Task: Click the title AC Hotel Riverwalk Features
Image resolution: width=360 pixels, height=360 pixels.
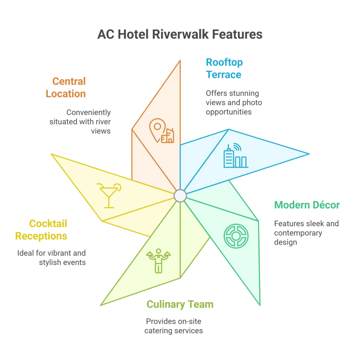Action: (180, 34)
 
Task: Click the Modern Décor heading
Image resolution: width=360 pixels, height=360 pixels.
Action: (307, 205)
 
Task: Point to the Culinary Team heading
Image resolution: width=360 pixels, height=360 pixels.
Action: (180, 304)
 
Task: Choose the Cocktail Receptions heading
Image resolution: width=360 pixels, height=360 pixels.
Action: (41, 230)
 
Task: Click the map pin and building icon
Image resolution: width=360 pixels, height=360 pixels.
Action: (162, 131)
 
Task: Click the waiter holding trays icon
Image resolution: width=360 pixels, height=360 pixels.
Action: (158, 261)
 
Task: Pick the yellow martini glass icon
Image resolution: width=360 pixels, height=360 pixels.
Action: (109, 195)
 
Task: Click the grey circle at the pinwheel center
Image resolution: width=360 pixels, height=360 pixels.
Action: (180, 195)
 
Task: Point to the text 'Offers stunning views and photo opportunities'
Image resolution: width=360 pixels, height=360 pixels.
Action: (234, 103)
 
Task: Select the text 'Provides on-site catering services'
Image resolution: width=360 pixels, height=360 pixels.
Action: (174, 326)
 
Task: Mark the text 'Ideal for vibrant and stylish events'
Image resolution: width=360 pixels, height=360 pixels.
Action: (51, 258)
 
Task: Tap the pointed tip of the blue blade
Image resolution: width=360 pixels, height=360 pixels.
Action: (309, 154)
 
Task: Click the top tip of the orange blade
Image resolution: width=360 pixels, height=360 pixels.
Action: (180, 60)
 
